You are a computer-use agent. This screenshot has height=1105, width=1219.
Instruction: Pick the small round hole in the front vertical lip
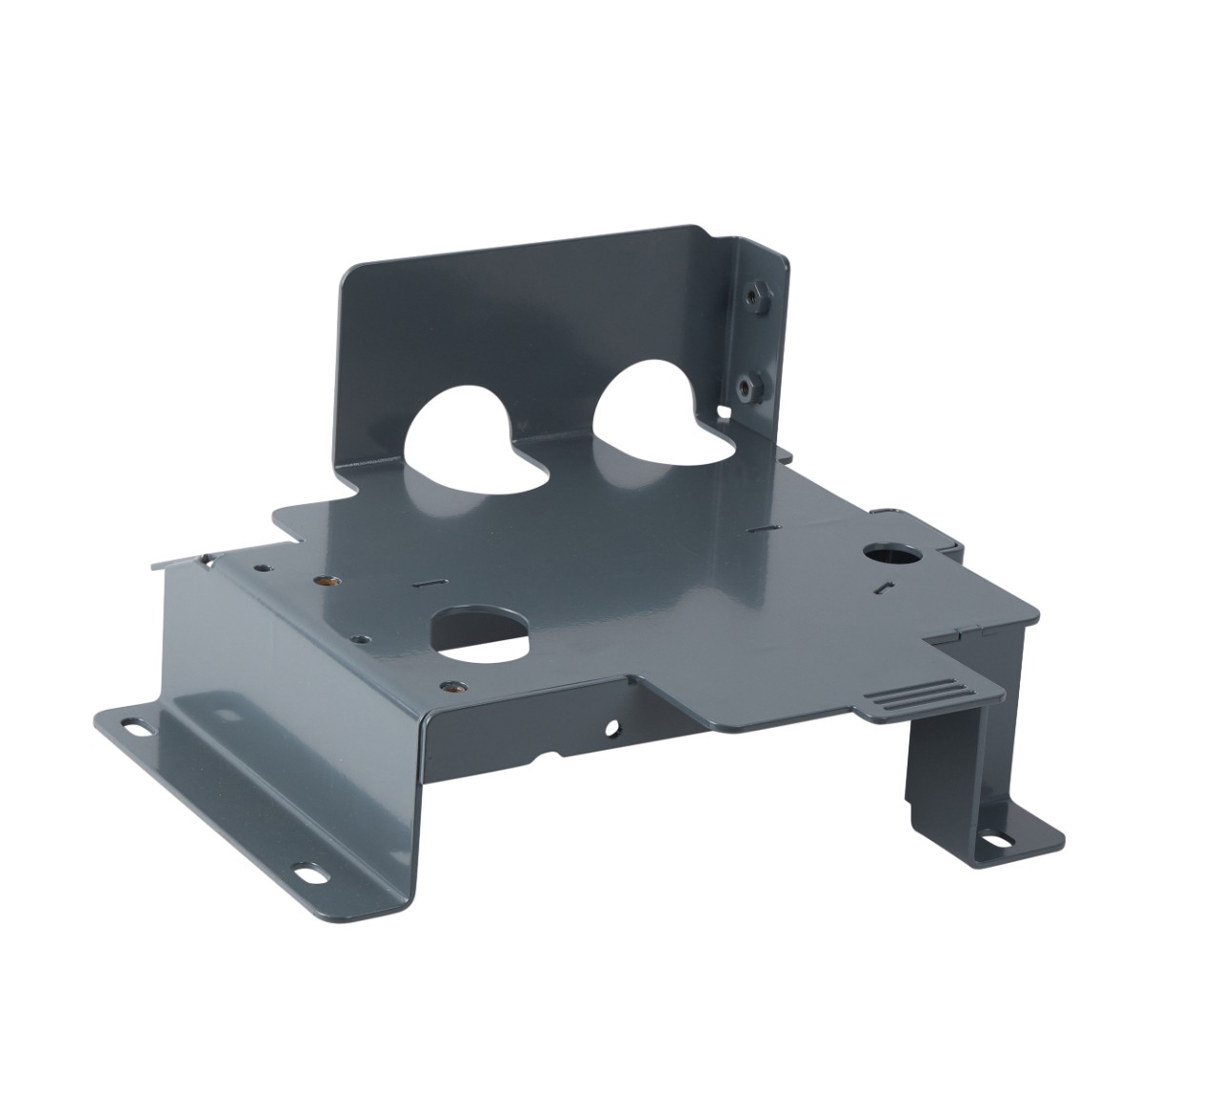tap(610, 731)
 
